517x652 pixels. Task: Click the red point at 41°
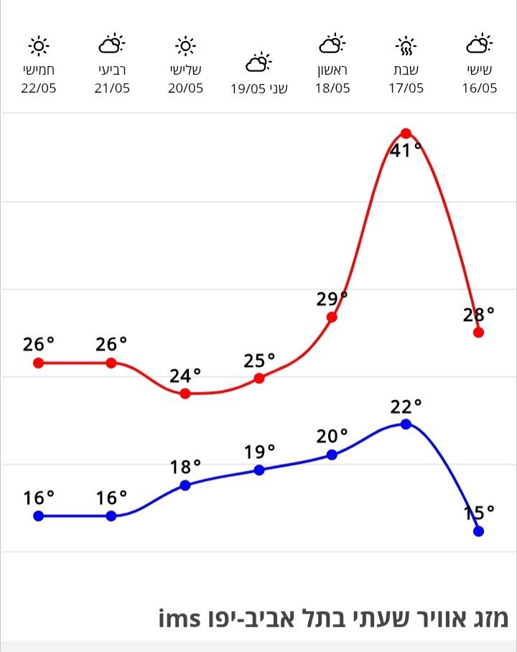tap(406, 134)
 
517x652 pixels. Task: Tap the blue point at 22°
tap(406, 424)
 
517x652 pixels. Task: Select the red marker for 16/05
tap(479, 332)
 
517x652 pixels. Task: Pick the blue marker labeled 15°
tap(479, 531)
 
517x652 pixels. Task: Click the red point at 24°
tap(185, 393)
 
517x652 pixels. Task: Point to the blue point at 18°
tap(185, 485)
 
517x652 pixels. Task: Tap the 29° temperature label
tap(332, 299)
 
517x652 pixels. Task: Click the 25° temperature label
tap(259, 360)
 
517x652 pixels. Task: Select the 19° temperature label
tap(259, 452)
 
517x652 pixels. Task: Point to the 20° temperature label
tap(332, 436)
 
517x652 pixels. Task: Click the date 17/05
tap(406, 88)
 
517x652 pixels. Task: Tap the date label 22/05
tap(39, 88)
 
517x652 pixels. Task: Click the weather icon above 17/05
tap(406, 46)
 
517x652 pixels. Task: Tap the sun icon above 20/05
tap(185, 46)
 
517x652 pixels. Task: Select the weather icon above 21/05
tap(111, 45)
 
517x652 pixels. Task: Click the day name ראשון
tap(332, 70)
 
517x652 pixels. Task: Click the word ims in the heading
tap(179, 618)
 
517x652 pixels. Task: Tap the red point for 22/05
tap(39, 363)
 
